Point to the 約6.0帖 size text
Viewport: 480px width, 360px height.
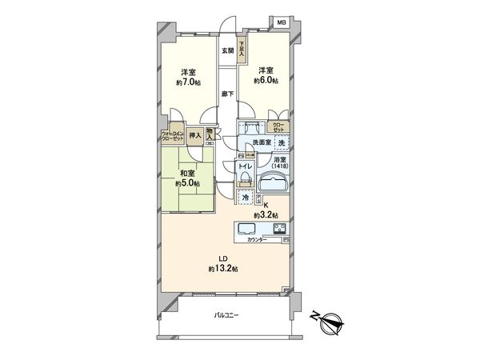[266, 80]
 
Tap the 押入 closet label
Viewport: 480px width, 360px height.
[194, 136]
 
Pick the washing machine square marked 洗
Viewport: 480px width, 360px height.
[281, 142]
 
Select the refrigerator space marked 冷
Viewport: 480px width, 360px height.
[245, 195]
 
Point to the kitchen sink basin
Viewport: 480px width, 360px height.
[246, 230]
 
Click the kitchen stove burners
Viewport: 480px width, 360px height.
[280, 230]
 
